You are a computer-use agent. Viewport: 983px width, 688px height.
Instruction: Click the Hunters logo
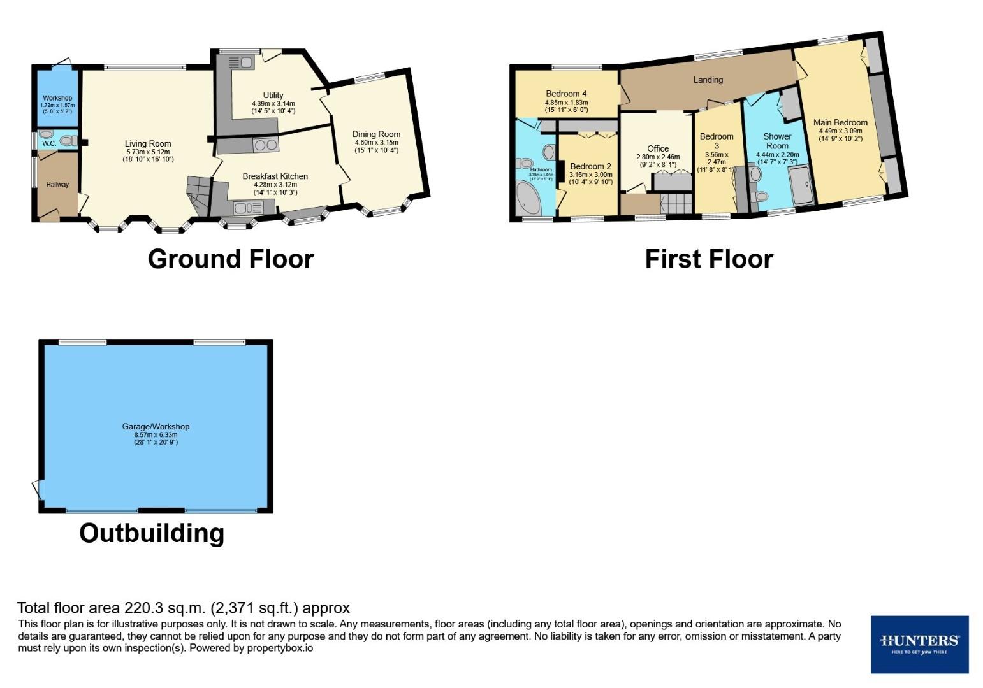[x=919, y=643]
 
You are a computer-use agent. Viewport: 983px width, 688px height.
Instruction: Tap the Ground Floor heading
[x=230, y=259]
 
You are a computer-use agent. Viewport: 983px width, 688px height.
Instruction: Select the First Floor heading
[x=709, y=259]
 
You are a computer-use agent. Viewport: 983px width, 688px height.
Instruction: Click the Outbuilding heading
[x=152, y=533]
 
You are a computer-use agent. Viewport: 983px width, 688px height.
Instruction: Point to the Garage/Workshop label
[x=156, y=427]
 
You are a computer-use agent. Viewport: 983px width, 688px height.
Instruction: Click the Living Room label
[x=148, y=144]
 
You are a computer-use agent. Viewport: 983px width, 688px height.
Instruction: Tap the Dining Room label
[x=376, y=134]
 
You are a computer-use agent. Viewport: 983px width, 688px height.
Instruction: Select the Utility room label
[x=273, y=96]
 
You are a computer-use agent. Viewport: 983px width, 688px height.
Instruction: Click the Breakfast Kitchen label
[x=275, y=176]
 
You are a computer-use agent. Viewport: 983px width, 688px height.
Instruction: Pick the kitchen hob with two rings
[x=266, y=145]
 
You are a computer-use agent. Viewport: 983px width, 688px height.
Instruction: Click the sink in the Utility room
[x=240, y=62]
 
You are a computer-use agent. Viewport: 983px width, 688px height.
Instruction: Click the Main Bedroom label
[x=840, y=122]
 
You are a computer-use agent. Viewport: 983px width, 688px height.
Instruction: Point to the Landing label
[x=708, y=80]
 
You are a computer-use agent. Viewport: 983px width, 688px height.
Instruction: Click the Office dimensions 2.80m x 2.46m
[x=658, y=157]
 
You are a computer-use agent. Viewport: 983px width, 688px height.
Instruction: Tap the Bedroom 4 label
[x=566, y=94]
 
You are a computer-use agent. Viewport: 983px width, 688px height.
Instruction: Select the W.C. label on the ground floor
[x=49, y=144]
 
